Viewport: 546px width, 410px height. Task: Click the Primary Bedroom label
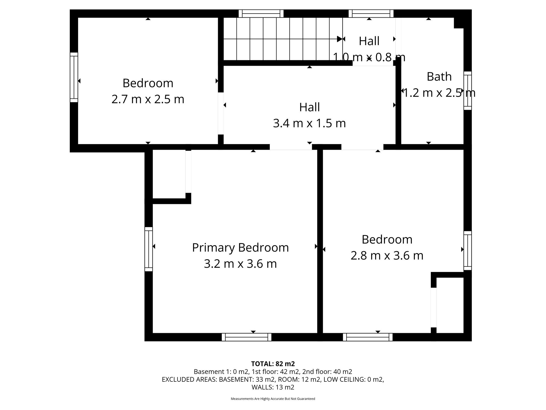240,248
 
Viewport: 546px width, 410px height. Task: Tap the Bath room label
439,77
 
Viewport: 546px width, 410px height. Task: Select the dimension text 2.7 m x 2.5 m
148,99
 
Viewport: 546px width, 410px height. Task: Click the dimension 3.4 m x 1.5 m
309,123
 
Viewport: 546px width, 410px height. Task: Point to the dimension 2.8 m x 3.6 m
387,255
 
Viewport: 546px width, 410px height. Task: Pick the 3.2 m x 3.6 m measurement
240,264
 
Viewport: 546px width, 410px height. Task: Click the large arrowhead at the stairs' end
339,39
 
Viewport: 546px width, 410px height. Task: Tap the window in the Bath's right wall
468,90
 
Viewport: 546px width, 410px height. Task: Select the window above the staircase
261,14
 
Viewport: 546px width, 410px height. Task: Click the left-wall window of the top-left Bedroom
74,77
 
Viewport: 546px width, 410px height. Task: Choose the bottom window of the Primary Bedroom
247,337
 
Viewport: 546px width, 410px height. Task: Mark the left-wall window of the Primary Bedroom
148,249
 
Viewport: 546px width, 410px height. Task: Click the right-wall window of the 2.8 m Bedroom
468,250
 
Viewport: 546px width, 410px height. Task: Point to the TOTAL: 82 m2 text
273,364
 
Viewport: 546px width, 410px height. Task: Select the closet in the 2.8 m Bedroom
450,305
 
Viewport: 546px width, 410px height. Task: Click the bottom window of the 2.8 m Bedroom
368,337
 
